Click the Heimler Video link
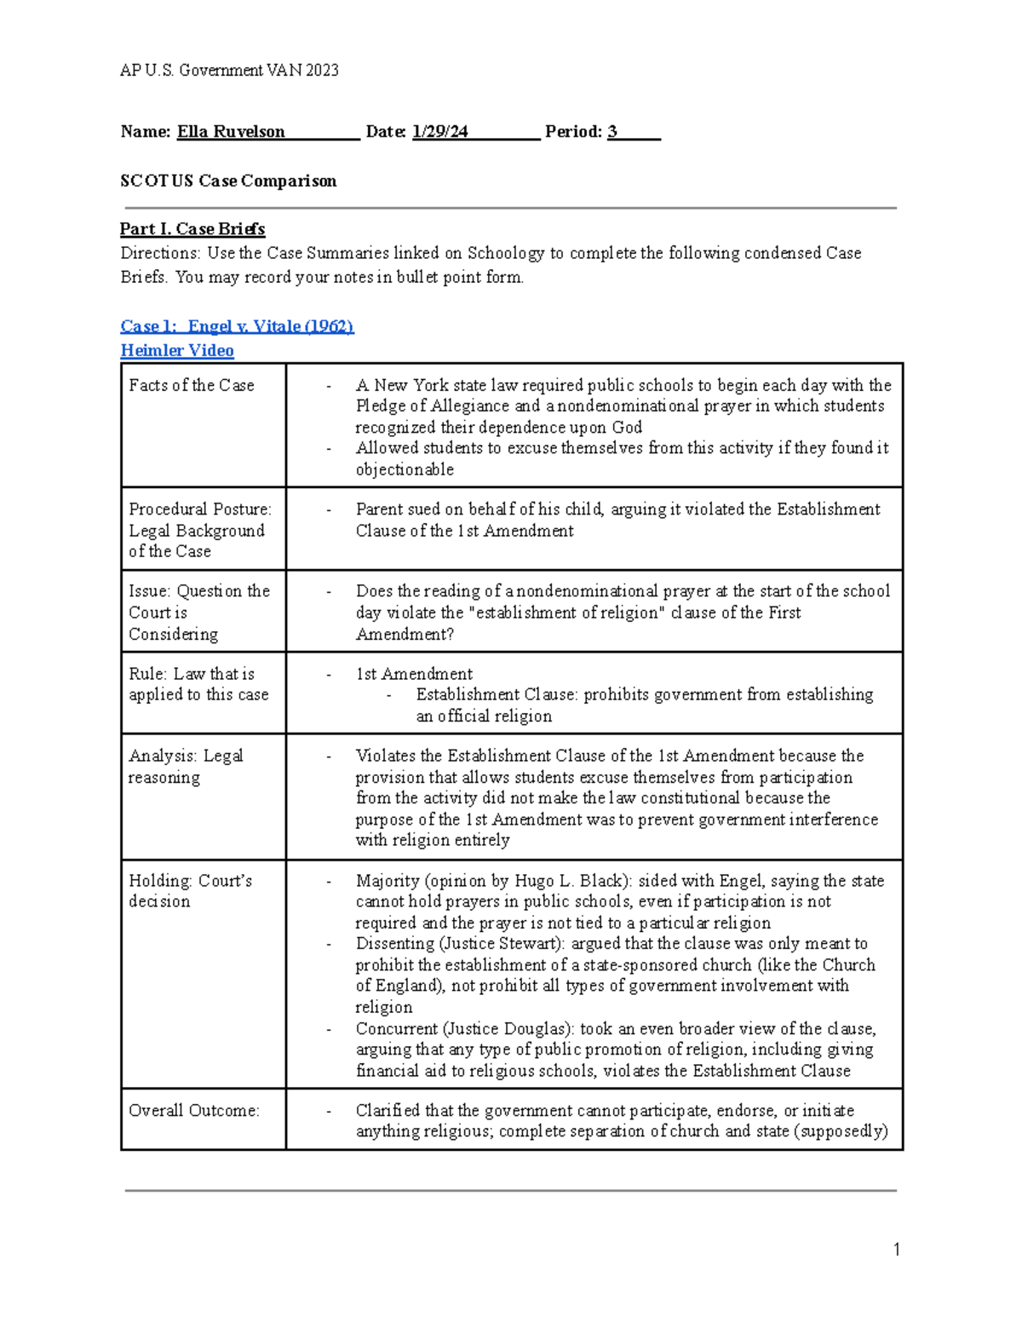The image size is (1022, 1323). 177,350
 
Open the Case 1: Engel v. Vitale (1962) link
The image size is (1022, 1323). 237,326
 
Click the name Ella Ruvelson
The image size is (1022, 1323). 231,131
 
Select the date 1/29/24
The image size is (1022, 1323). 439,131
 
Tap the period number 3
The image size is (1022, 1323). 612,131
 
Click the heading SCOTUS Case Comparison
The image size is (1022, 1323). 228,181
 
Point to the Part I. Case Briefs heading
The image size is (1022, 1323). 192,228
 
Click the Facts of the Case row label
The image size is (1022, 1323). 192,385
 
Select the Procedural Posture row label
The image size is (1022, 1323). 200,509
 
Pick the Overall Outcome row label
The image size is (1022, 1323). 194,1110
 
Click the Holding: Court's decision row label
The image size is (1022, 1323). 190,890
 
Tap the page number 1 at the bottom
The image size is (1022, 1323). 896,1250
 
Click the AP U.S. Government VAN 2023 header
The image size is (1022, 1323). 229,70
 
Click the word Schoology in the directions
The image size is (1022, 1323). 506,253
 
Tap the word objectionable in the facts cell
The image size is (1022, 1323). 405,469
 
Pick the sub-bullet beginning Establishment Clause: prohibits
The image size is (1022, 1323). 644,695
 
